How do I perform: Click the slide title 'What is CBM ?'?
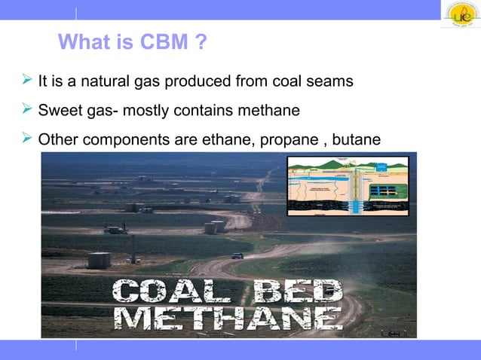tap(133, 43)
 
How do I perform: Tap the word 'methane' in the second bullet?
tap(273, 111)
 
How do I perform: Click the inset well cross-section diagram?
tap(348, 186)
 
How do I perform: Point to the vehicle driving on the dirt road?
tap(237, 256)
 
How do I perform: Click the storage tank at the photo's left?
tap(99, 260)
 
